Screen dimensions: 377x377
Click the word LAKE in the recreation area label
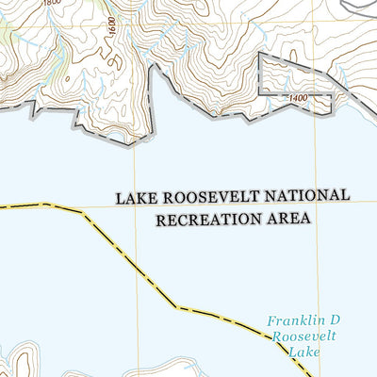[135, 199]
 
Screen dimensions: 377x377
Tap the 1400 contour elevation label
[301, 98]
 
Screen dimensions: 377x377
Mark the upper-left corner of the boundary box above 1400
[259, 54]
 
